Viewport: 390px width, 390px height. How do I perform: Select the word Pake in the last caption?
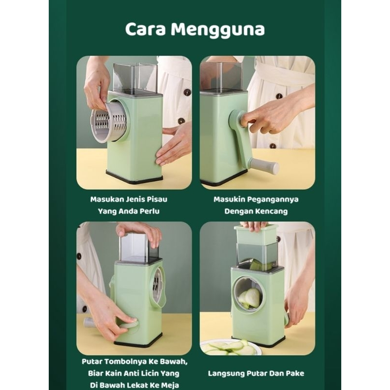294,373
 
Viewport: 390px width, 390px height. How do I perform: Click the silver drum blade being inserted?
109,122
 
